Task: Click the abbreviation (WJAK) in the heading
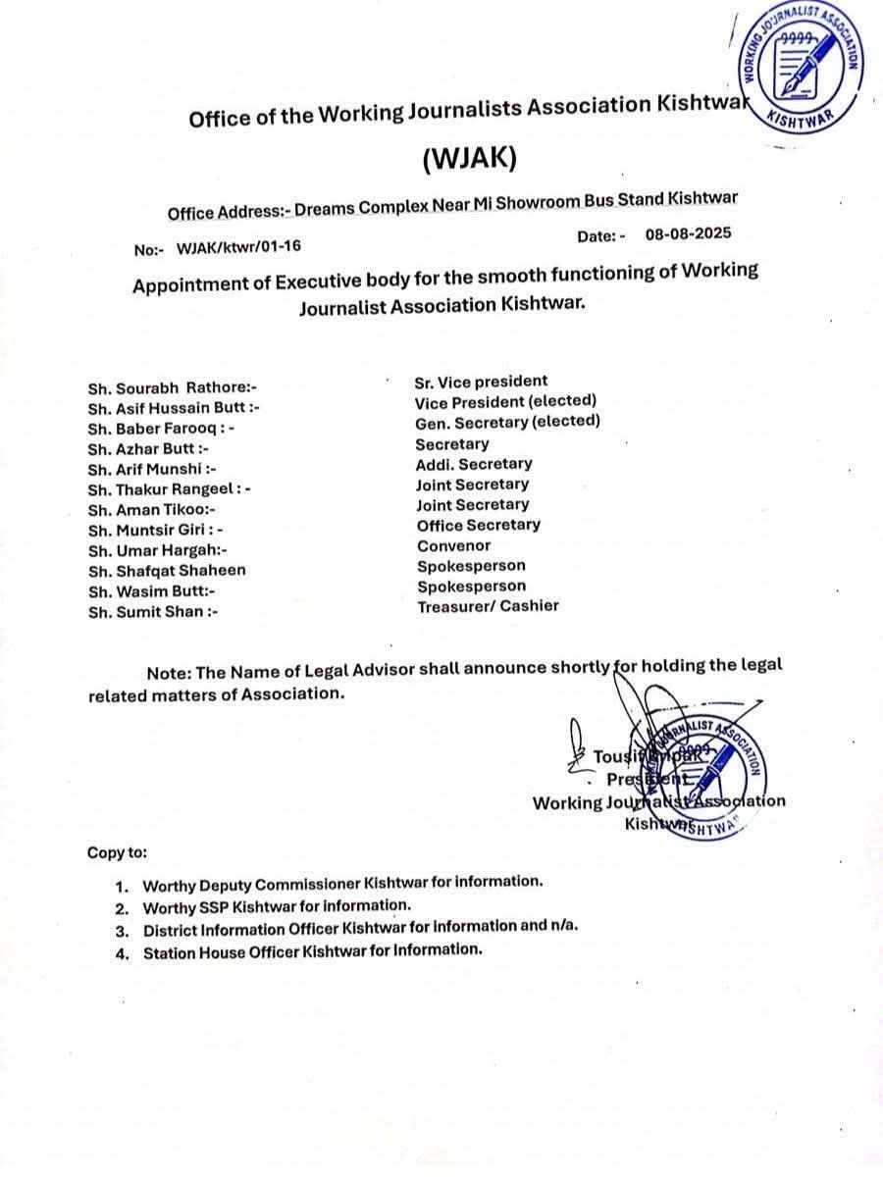pos(468,158)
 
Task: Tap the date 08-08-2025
pos(689,235)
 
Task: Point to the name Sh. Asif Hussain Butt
pos(174,408)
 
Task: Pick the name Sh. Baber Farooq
pos(161,429)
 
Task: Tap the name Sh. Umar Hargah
pos(158,550)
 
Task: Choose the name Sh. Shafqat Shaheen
pos(167,571)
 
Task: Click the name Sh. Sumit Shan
pos(152,612)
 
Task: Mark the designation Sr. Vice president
pos(481,382)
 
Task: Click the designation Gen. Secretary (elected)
pos(507,422)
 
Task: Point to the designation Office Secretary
pos(478,525)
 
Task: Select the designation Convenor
pos(453,545)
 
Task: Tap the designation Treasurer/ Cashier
pos(488,606)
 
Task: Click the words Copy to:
pos(117,852)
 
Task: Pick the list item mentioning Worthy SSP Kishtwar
pos(277,906)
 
